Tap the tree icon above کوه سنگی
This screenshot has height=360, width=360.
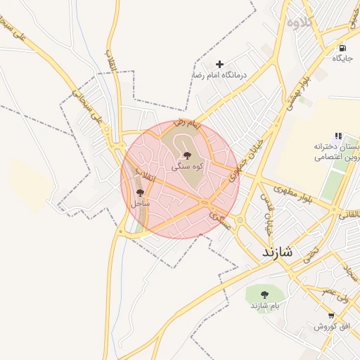click(187, 155)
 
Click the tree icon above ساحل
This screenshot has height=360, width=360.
click(140, 192)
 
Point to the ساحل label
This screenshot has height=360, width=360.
click(140, 203)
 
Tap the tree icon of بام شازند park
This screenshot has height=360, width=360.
click(265, 295)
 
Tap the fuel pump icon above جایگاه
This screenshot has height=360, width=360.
click(342, 49)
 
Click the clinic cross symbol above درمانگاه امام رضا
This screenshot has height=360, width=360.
click(219, 64)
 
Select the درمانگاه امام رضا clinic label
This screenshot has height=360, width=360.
click(220, 75)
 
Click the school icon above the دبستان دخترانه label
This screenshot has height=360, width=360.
click(338, 136)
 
